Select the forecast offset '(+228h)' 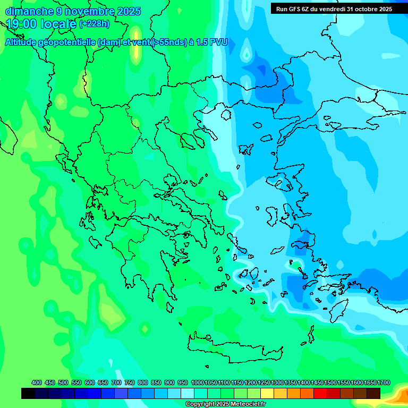coord(95,24)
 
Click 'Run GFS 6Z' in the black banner coord(292,9)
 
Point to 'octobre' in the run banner coord(363,9)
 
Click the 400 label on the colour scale coord(37,382)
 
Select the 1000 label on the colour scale coord(197,382)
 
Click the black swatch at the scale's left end coord(28,393)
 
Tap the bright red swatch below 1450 coord(320,393)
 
